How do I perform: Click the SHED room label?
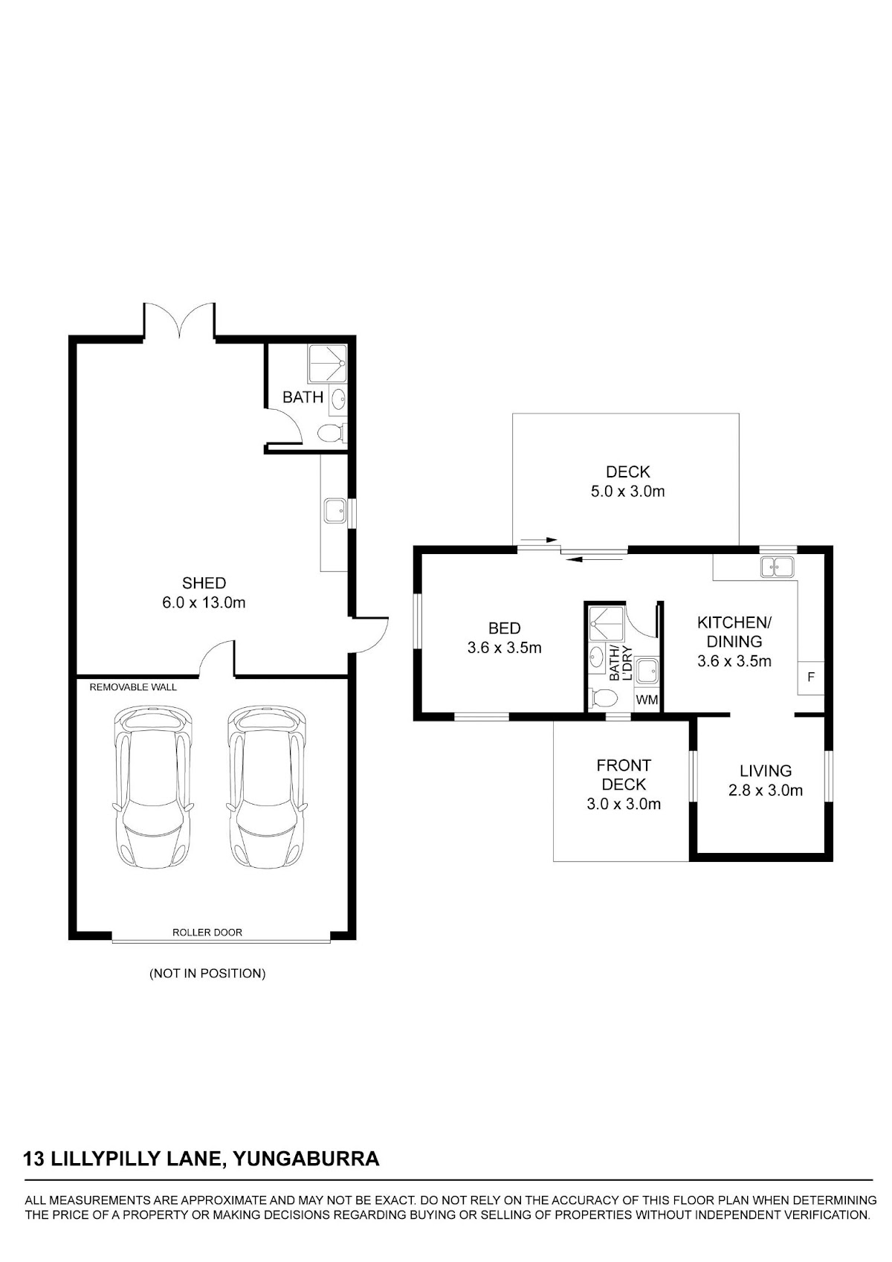point(204,582)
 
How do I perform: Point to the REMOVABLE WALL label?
point(133,687)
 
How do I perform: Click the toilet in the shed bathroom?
point(331,434)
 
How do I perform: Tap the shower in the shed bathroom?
point(327,364)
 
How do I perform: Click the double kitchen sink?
point(777,567)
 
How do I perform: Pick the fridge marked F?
point(811,677)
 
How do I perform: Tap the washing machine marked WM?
point(647,701)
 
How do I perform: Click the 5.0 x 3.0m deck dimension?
point(627,492)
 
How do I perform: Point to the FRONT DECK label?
point(624,775)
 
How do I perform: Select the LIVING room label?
point(766,770)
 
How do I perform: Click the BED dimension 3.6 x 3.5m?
point(504,648)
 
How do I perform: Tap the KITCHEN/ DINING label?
point(734,632)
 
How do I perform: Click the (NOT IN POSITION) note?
point(207,973)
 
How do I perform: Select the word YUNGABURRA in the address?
point(306,1159)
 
